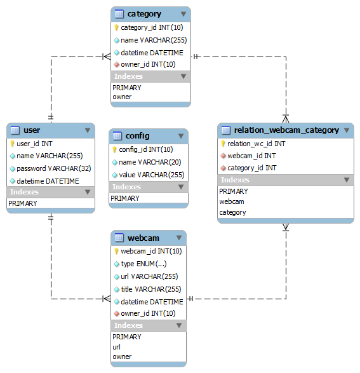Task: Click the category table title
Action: [x=144, y=14]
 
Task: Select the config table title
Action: [x=138, y=136]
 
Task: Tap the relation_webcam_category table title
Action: [x=286, y=130]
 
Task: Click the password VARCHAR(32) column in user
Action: [x=54, y=168]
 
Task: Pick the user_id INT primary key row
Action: [x=34, y=144]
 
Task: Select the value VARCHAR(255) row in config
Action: [x=152, y=175]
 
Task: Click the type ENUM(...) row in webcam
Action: [x=143, y=264]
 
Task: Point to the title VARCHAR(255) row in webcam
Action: [x=151, y=289]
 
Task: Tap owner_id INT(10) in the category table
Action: [x=148, y=64]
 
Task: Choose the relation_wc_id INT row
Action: [x=257, y=144]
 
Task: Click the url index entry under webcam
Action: [x=116, y=347]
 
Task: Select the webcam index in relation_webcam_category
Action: [x=232, y=201]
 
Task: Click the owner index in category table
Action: [x=122, y=97]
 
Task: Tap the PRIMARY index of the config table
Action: [x=125, y=198]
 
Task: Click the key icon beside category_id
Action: [x=116, y=27]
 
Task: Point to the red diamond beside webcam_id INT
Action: [x=223, y=156]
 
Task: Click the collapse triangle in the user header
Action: [x=88, y=130]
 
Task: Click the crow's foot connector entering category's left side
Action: [x=106, y=57]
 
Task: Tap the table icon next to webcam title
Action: [x=119, y=238]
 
